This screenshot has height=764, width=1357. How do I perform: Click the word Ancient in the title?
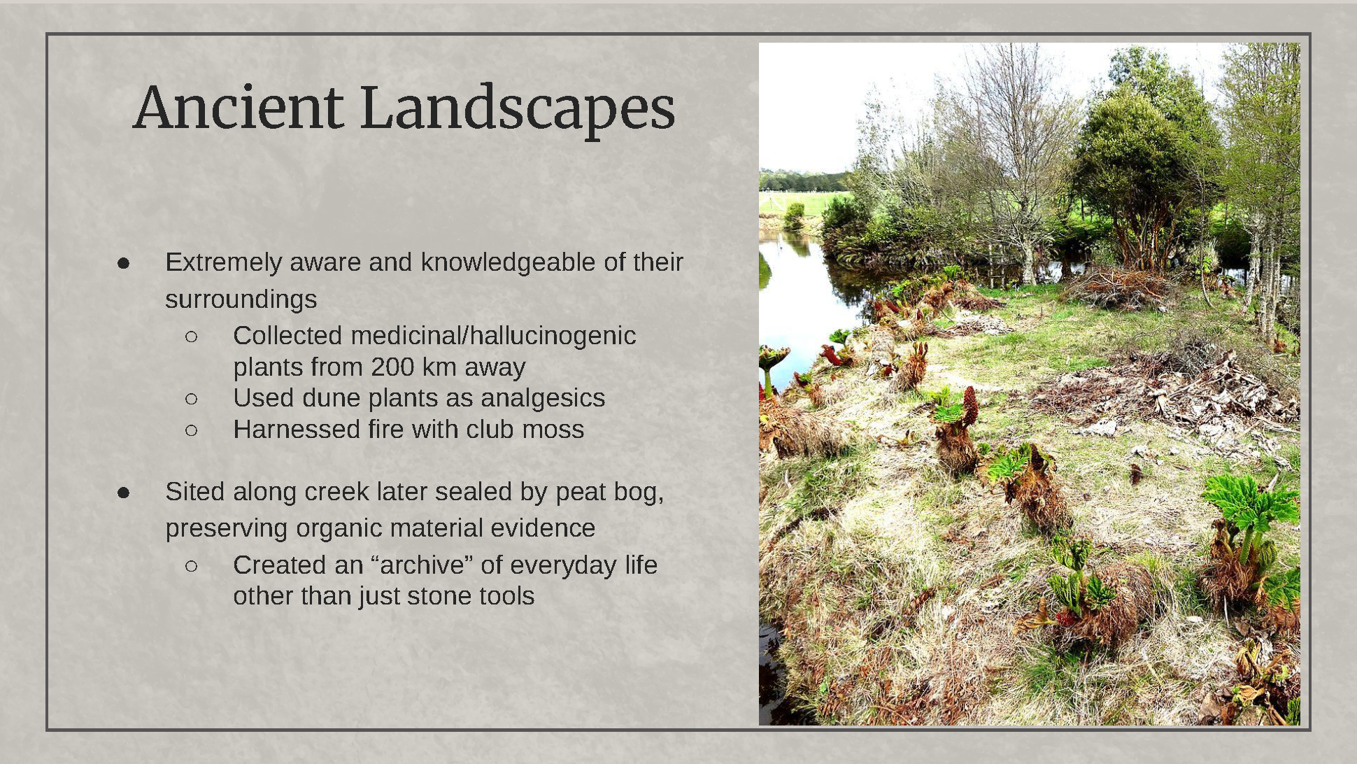(238, 108)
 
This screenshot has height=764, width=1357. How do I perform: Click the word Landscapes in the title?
(517, 108)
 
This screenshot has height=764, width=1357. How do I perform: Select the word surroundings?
(241, 299)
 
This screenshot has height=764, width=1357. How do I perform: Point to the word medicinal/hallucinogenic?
(493, 336)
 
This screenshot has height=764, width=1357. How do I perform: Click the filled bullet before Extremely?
(124, 263)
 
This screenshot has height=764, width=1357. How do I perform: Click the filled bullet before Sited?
(124, 493)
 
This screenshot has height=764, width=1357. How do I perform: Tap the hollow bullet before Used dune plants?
(191, 399)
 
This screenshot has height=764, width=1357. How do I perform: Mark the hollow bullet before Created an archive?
(191, 565)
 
